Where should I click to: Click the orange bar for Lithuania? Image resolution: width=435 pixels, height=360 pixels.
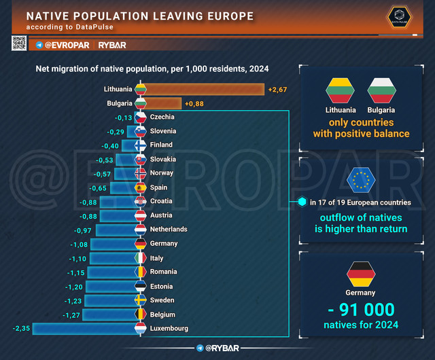click(x=203, y=89)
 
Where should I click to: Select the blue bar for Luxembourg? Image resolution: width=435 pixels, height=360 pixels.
click(x=86, y=329)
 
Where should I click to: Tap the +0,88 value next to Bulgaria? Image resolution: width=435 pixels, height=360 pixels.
click(x=194, y=104)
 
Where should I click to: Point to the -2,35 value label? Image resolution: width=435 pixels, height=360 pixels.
click(x=21, y=328)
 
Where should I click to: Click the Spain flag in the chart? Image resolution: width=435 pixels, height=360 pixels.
click(x=141, y=187)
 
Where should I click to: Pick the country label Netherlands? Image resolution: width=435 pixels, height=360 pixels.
click(x=169, y=229)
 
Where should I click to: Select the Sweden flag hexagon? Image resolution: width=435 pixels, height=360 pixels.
click(x=141, y=300)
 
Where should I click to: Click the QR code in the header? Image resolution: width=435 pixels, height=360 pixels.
click(x=19, y=43)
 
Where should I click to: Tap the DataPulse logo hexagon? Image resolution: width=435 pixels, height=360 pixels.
click(x=399, y=16)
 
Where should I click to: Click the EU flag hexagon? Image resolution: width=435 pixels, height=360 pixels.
click(x=361, y=180)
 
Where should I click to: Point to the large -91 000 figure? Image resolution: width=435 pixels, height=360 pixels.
click(x=361, y=310)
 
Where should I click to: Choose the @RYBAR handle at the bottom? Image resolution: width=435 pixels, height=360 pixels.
click(x=217, y=348)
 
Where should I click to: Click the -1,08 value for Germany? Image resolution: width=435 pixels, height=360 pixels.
click(x=79, y=245)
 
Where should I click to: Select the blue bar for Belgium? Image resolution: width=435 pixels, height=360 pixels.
click(x=111, y=314)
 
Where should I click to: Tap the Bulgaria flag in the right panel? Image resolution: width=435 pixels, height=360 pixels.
click(x=381, y=90)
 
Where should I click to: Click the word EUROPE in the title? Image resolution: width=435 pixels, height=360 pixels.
click(x=230, y=16)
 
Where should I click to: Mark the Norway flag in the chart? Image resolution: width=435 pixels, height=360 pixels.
click(x=141, y=174)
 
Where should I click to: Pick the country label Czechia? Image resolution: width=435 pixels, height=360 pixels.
click(x=162, y=117)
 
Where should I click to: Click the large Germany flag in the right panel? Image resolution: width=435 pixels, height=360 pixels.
click(x=361, y=274)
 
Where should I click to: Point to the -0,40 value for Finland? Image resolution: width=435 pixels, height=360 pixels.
click(x=110, y=146)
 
